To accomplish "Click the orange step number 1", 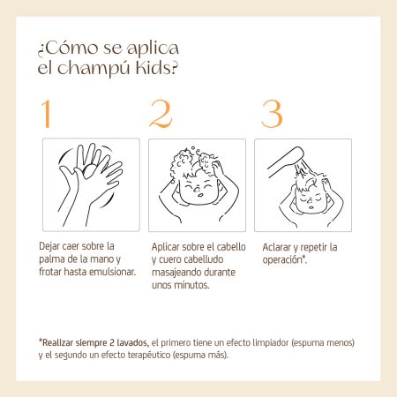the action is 46,114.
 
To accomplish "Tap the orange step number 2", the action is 161,114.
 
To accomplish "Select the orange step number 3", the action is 272,114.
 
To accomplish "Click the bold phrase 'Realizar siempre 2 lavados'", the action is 95,342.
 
